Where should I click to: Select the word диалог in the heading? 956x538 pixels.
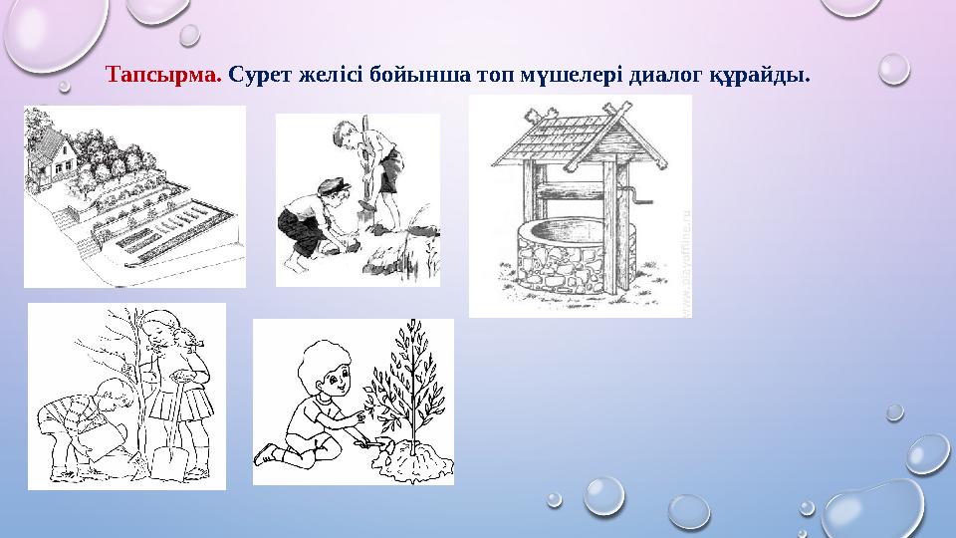(x=660, y=75)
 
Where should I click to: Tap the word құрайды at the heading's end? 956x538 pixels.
(x=760, y=75)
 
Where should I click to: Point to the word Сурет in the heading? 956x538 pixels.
(x=261, y=75)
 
